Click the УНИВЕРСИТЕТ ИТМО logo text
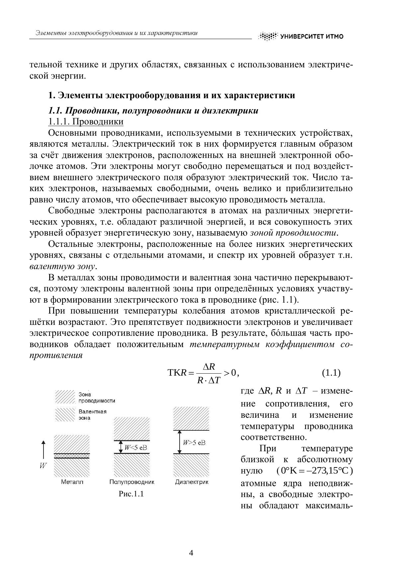[311, 36]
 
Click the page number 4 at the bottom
[191, 553]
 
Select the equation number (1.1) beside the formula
[331, 373]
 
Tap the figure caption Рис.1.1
[131, 494]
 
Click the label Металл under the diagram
[72, 482]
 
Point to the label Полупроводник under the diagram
[132, 482]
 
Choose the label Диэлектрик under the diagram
[192, 482]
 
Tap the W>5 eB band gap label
[194, 443]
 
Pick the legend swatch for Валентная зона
[65, 414]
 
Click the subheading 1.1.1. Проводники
[86, 122]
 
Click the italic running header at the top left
[116, 33]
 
